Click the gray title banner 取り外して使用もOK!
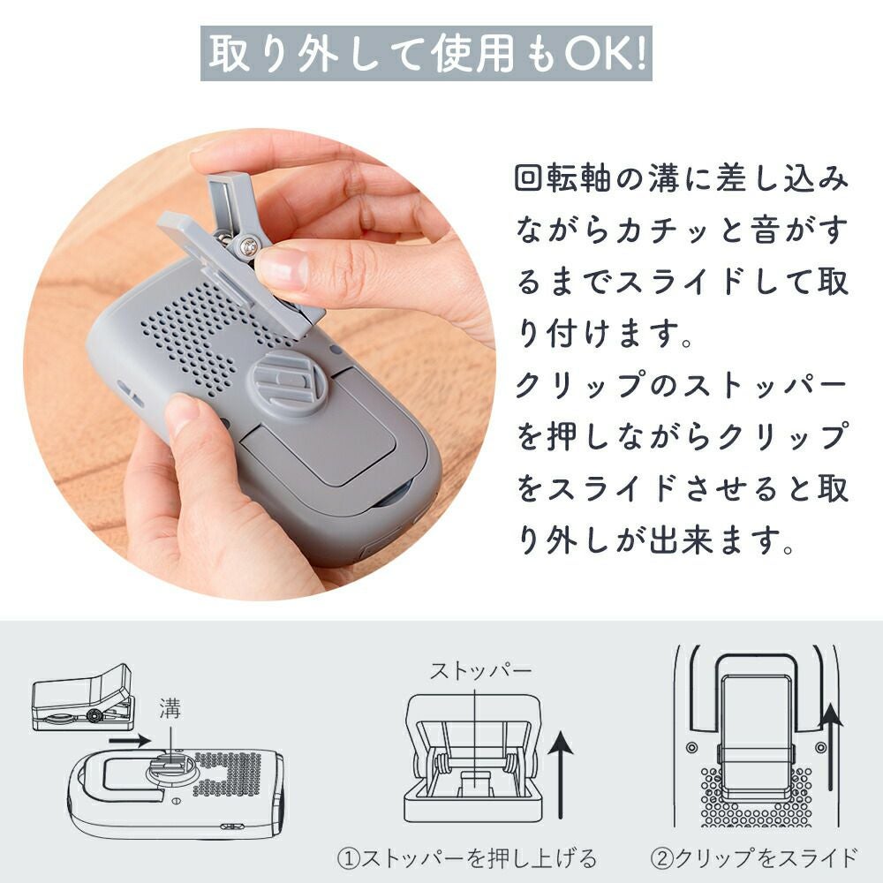426,54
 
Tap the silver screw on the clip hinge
248,245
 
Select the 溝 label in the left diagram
170,708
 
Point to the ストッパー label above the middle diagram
480,671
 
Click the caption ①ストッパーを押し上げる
467,858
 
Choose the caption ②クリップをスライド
754,858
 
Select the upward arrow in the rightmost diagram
831,748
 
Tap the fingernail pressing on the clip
282,268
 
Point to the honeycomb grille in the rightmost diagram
757,796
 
